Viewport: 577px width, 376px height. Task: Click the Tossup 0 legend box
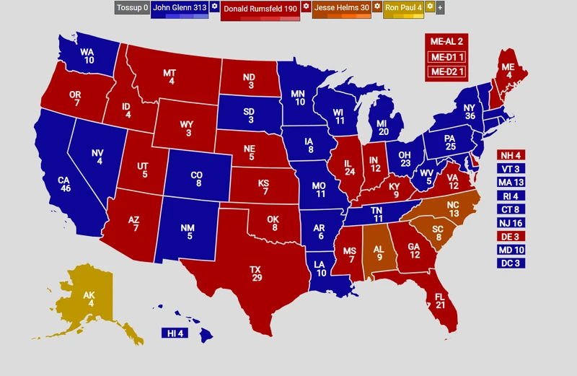pos(131,8)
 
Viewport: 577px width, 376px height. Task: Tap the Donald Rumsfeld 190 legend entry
pos(259,9)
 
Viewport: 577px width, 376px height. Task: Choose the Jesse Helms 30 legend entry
pos(342,8)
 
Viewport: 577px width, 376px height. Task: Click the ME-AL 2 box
pos(447,42)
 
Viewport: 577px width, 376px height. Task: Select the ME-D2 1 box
pos(447,71)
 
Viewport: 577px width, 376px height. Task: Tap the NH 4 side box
pos(510,155)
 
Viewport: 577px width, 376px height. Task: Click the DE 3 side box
pos(510,236)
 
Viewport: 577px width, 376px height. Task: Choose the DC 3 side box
pos(510,263)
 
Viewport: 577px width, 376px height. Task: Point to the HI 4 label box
pos(174,333)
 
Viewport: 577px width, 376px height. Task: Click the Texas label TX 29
pos(256,274)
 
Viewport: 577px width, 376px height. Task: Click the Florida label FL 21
pos(441,301)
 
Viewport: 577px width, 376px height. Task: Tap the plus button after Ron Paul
pos(441,8)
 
